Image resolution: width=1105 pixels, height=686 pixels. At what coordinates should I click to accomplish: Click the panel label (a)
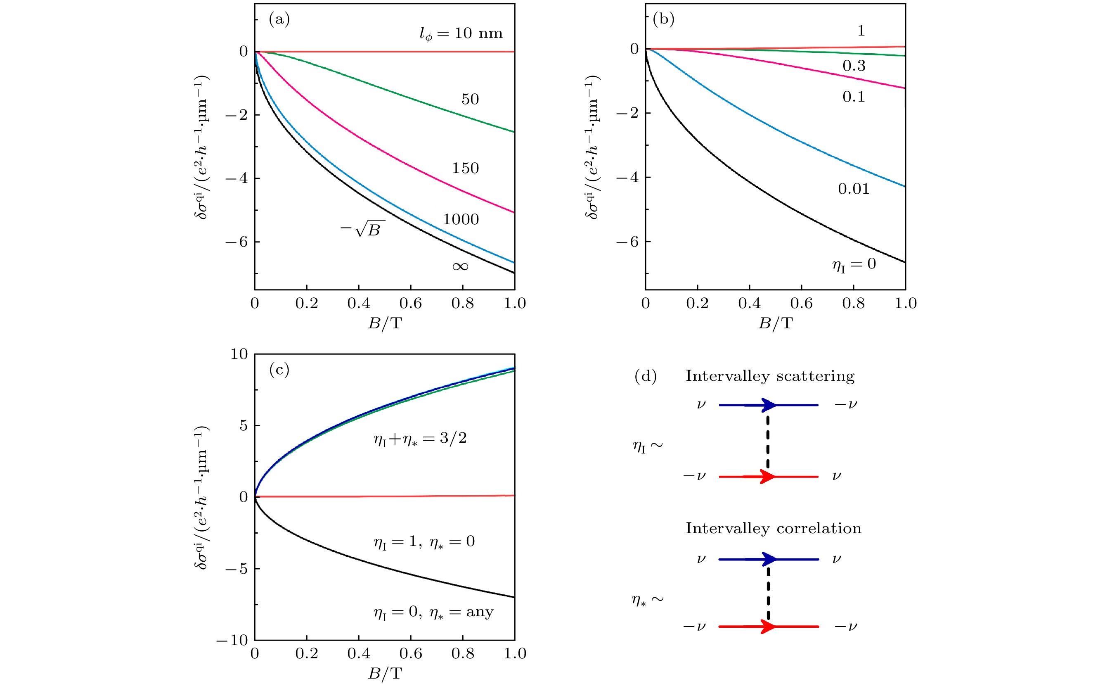tap(279, 19)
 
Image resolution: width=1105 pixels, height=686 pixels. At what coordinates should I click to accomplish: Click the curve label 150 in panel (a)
tap(465, 169)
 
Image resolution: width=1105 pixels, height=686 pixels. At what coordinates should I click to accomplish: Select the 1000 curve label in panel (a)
tap(461, 220)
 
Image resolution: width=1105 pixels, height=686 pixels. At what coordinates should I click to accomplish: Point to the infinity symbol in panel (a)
tap(460, 266)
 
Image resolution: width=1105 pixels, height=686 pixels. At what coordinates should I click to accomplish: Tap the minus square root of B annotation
tap(363, 229)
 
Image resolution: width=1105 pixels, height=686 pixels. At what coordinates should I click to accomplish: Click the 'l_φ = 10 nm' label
tap(461, 33)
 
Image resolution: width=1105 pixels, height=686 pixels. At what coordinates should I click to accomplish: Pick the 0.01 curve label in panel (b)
tap(853, 189)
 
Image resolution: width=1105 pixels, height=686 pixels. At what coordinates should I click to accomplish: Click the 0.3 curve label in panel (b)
tap(854, 66)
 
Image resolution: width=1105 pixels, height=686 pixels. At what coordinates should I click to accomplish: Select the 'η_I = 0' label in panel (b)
tap(853, 264)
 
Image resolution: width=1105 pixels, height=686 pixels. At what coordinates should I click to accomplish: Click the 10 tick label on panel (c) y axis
tap(239, 354)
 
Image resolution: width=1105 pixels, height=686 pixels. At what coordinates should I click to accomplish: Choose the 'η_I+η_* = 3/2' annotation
tap(420, 439)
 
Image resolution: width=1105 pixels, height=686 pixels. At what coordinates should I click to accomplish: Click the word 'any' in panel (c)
tap(480, 612)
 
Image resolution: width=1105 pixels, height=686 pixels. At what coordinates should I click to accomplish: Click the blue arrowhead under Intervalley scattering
tap(769, 405)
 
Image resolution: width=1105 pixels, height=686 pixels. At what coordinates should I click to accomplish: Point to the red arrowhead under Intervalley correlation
tap(768, 627)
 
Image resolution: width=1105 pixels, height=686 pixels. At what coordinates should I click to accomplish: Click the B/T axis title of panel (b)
tap(775, 323)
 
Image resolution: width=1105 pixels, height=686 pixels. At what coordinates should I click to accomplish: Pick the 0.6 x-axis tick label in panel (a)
tap(410, 304)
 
